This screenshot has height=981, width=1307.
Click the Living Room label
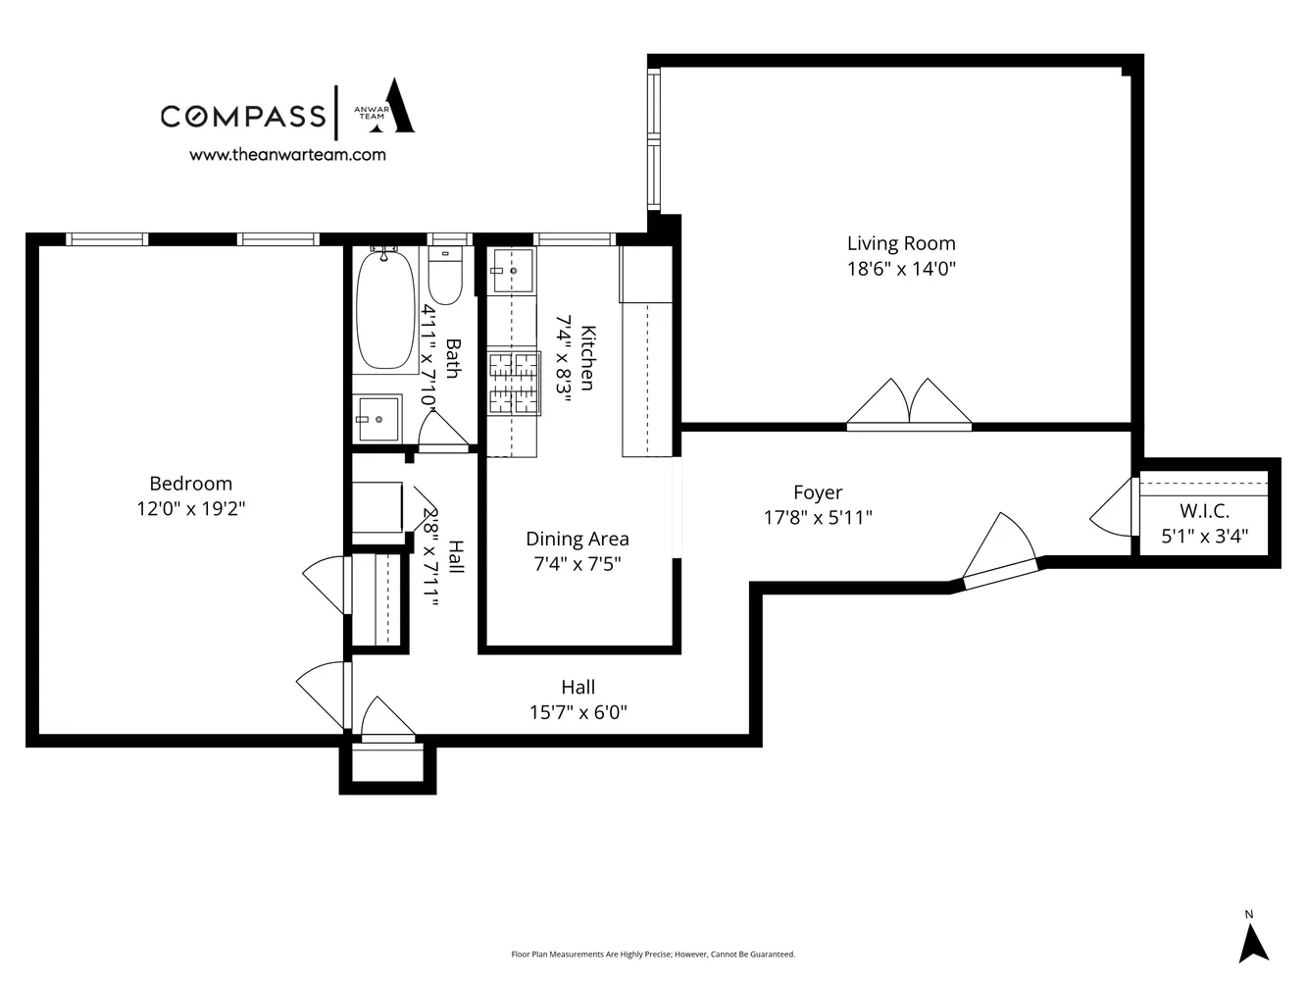click(901, 243)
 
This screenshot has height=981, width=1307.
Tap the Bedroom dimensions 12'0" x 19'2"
click(190, 509)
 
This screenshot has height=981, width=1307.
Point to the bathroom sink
click(377, 419)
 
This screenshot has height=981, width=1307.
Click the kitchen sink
click(513, 270)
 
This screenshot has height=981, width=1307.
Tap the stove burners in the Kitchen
click(515, 383)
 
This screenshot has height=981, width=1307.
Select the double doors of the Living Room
click(909, 404)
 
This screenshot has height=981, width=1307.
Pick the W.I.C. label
click(1204, 511)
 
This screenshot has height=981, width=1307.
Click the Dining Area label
click(578, 539)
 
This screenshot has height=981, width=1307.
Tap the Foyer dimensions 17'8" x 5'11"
click(818, 517)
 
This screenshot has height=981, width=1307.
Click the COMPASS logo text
click(243, 116)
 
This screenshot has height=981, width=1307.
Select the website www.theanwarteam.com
click(287, 154)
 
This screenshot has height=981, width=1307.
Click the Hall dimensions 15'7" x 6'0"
click(578, 712)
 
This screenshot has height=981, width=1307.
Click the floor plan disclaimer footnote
click(653, 954)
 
